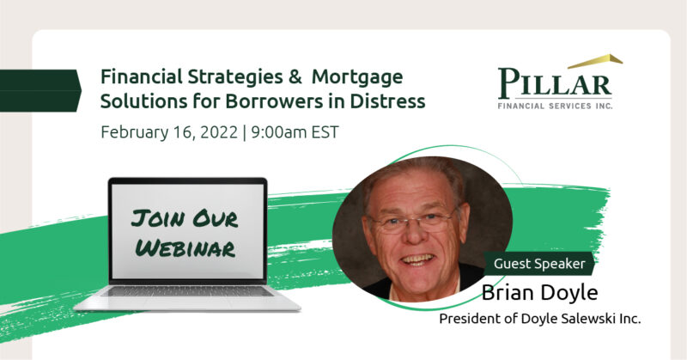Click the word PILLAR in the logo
(555, 83)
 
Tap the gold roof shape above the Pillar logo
(596, 61)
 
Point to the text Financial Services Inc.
(555, 106)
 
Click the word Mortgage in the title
(357, 78)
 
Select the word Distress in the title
(387, 101)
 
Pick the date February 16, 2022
(169, 132)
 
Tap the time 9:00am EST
(295, 132)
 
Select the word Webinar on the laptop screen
(185, 248)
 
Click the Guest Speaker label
(539, 264)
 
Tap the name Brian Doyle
(540, 293)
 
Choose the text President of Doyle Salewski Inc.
(540, 319)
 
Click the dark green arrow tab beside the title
(40, 90)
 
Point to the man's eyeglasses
(412, 221)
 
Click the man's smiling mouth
(417, 260)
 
